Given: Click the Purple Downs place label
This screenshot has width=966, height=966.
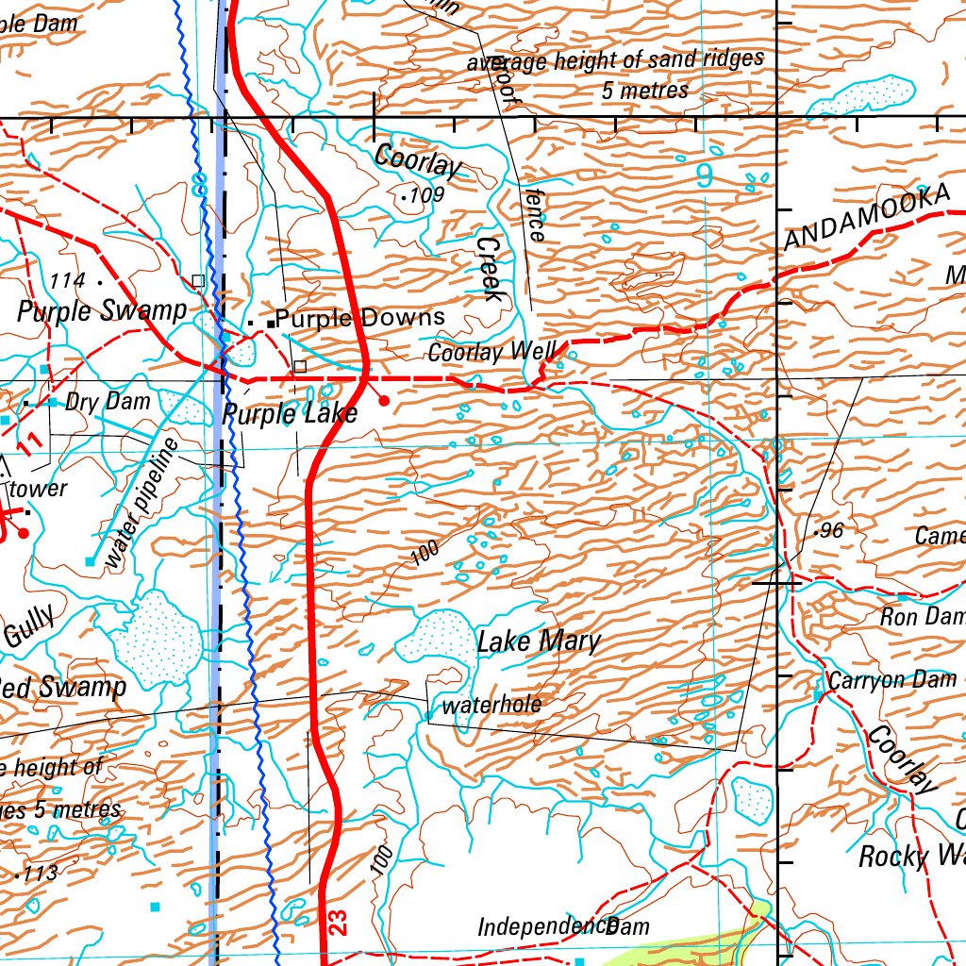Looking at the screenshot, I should pyautogui.click(x=359, y=319).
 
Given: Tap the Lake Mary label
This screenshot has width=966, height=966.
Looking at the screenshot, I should pyautogui.click(x=538, y=642).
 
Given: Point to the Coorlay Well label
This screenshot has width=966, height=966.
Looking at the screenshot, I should pyautogui.click(x=491, y=353).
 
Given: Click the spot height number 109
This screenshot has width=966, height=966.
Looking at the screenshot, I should pyautogui.click(x=426, y=195).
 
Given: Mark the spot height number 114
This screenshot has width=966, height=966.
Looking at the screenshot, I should pyautogui.click(x=68, y=280).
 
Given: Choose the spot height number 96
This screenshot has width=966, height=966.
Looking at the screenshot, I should pyautogui.click(x=831, y=530).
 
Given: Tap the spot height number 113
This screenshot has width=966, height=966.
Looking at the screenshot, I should pyautogui.click(x=41, y=874).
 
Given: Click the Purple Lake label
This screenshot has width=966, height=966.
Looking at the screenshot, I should pyautogui.click(x=290, y=413).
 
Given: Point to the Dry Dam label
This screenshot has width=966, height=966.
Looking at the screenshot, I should pyautogui.click(x=108, y=401).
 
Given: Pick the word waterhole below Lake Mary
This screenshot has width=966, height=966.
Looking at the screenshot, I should pyautogui.click(x=491, y=705).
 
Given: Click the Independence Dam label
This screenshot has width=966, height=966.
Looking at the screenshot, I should pyautogui.click(x=563, y=926).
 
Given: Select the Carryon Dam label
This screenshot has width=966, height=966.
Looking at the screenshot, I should pyautogui.click(x=891, y=680).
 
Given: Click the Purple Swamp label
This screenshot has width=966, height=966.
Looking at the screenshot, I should pyautogui.click(x=102, y=311).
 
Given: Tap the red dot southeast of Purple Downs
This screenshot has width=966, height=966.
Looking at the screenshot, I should pyautogui.click(x=384, y=401).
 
